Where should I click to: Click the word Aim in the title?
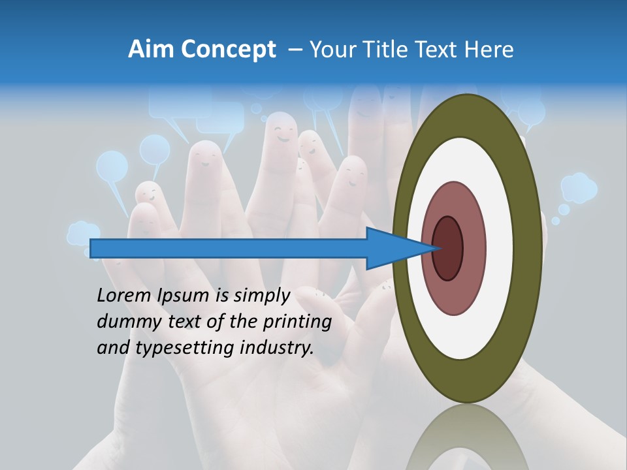coord(151,50)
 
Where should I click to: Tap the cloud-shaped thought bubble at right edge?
coord(579,187)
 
